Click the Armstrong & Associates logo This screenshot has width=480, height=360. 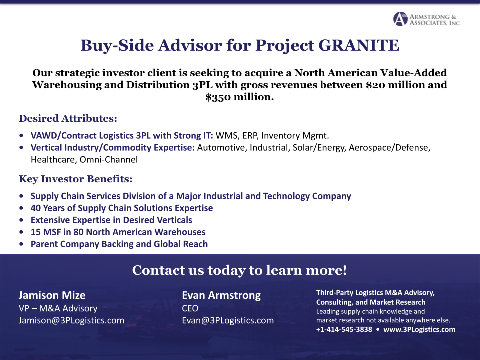coord(426,19)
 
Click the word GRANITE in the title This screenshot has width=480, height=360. coord(359,45)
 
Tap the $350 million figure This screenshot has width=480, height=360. coord(240,97)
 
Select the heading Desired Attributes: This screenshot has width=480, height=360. coord(68,119)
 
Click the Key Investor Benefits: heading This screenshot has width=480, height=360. coord(75,179)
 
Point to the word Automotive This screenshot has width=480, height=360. coord(220,148)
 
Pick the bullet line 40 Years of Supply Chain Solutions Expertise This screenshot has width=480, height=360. coord(121,208)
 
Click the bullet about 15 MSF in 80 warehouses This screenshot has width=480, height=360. coord(118,232)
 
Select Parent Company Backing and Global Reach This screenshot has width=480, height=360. coord(119,244)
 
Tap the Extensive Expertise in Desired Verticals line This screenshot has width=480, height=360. coord(111,220)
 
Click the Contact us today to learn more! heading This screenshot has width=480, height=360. coord(239,270)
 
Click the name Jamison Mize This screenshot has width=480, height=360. coord(52,295)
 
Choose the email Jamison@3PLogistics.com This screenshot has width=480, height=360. coord(71,320)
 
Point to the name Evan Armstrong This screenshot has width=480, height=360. coord(221,295)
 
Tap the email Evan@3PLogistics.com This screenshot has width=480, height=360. coord(228,320)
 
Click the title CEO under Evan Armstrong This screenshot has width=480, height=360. coord(190,308)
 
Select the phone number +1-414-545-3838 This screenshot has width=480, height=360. coord(344,329)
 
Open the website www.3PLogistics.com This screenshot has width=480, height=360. coord(419,329)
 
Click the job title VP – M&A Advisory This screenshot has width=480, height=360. coord(58,308)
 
